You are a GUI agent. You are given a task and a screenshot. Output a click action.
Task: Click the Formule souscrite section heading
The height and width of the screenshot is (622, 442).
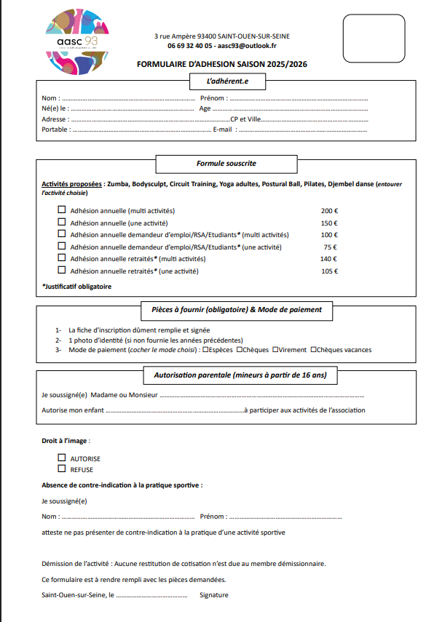[226, 164]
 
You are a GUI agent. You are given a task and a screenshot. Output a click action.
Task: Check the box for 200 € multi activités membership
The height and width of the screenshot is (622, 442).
[61, 210]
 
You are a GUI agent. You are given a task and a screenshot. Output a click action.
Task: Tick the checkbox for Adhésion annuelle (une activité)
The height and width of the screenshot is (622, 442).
[61, 223]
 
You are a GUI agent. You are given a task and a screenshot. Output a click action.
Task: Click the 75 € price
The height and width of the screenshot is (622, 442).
[330, 247]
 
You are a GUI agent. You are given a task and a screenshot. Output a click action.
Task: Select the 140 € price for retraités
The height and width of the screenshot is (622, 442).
[329, 259]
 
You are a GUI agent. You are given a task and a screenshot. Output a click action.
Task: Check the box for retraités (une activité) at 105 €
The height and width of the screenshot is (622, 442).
[61, 271]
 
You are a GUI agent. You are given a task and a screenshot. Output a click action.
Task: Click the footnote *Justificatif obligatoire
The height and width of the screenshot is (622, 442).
[76, 287]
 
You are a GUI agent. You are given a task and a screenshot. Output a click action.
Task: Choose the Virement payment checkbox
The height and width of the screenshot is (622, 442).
[275, 349]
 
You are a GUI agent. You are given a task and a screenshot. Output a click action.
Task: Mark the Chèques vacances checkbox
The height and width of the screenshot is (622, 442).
[314, 349]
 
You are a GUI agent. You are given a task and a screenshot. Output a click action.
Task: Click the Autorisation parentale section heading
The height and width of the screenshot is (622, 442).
[240, 376]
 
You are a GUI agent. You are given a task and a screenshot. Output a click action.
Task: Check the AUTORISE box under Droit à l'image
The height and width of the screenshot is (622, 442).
[61, 458]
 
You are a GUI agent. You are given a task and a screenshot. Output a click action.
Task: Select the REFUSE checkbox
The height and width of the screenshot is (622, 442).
[61, 469]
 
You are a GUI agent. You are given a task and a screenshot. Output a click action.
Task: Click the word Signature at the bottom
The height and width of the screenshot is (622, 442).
[214, 595]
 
